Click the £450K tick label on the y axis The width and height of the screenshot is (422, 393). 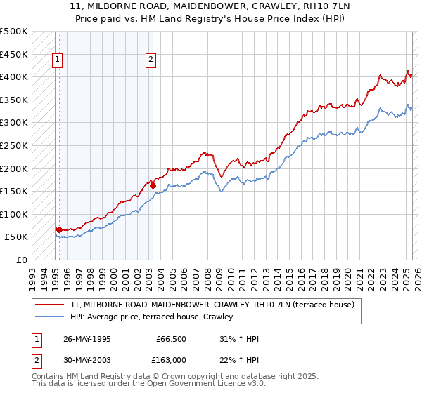14,54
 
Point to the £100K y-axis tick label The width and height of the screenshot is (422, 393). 14,214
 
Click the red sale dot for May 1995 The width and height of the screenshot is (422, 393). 59,229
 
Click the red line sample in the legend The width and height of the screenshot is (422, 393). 51,305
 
